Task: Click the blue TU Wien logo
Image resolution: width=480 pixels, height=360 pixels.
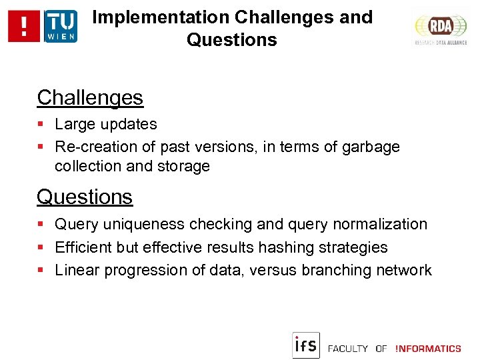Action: (x=61, y=26)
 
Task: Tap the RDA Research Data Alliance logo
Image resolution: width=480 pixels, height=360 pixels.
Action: (x=441, y=28)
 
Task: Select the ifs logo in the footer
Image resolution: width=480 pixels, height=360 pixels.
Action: (x=306, y=345)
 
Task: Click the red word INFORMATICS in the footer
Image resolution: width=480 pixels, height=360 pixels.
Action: (x=428, y=349)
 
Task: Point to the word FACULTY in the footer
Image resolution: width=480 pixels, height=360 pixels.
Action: (x=348, y=349)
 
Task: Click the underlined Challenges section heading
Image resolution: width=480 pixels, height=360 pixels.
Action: (x=90, y=98)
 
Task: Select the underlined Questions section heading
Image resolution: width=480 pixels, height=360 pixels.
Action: (x=85, y=197)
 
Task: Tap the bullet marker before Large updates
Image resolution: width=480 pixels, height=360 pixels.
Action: (x=41, y=125)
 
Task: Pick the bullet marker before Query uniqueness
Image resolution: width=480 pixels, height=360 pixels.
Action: (x=41, y=225)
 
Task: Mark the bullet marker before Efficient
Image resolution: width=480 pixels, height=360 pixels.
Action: (x=41, y=248)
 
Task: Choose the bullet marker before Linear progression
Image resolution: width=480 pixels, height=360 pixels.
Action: (x=41, y=271)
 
